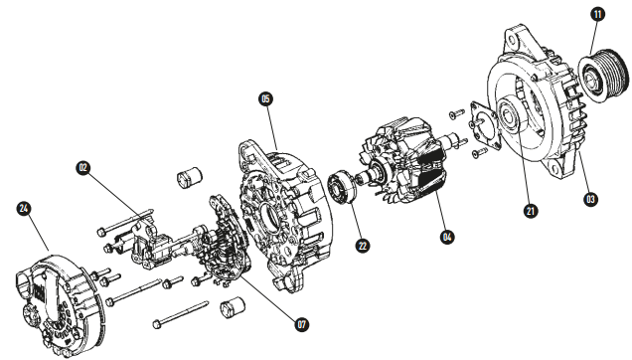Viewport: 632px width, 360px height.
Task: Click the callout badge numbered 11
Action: (x=597, y=14)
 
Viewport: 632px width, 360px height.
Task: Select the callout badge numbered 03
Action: (x=591, y=200)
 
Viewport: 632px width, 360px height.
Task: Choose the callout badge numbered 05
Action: (x=265, y=98)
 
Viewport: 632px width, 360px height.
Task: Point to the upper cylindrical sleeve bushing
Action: (x=189, y=178)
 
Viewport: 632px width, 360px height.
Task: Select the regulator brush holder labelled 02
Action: (x=149, y=243)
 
